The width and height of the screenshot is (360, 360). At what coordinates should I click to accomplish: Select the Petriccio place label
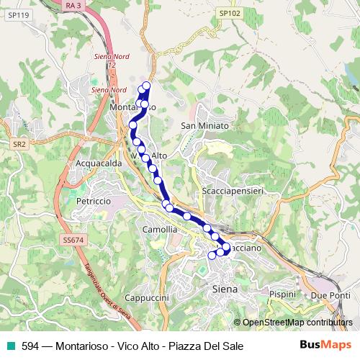[x=94, y=201]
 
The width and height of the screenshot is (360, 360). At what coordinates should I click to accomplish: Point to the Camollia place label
[x=160, y=229]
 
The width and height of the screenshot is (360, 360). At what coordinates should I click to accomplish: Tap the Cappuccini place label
[x=146, y=297]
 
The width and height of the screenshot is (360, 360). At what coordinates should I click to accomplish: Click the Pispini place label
[x=282, y=294]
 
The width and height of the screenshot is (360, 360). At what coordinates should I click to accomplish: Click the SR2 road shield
[x=19, y=144]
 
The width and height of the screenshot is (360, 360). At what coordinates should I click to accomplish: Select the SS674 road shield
[x=73, y=239]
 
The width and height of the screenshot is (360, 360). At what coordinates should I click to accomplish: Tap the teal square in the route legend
[x=10, y=346]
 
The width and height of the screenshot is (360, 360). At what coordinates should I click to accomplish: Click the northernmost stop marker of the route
[x=147, y=86]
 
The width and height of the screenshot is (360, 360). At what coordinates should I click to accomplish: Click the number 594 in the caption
[x=30, y=346]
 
